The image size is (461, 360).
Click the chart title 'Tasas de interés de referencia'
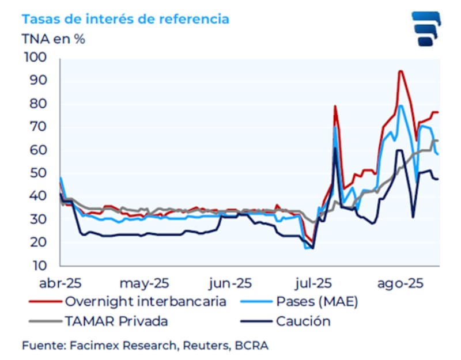coord(125,19)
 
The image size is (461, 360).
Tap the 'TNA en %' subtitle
coord(54,39)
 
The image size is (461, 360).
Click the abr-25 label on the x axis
coord(61,283)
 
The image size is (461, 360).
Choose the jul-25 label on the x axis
coord(313,283)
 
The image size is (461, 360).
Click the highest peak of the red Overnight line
coord(400,71)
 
